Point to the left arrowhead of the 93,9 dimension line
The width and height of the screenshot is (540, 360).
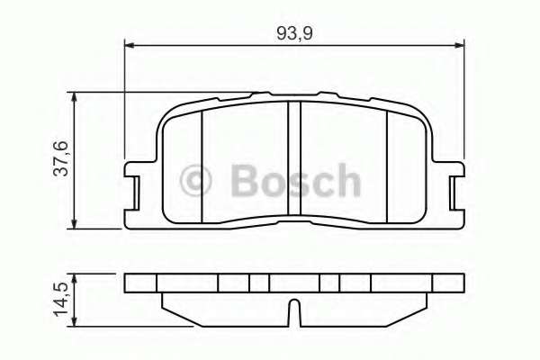coord(128,43)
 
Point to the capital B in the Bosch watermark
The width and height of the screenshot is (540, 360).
coord(244,180)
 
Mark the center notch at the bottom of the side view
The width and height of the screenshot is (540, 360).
coord(292,313)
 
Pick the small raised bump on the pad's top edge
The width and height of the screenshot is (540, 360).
coord(262,93)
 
